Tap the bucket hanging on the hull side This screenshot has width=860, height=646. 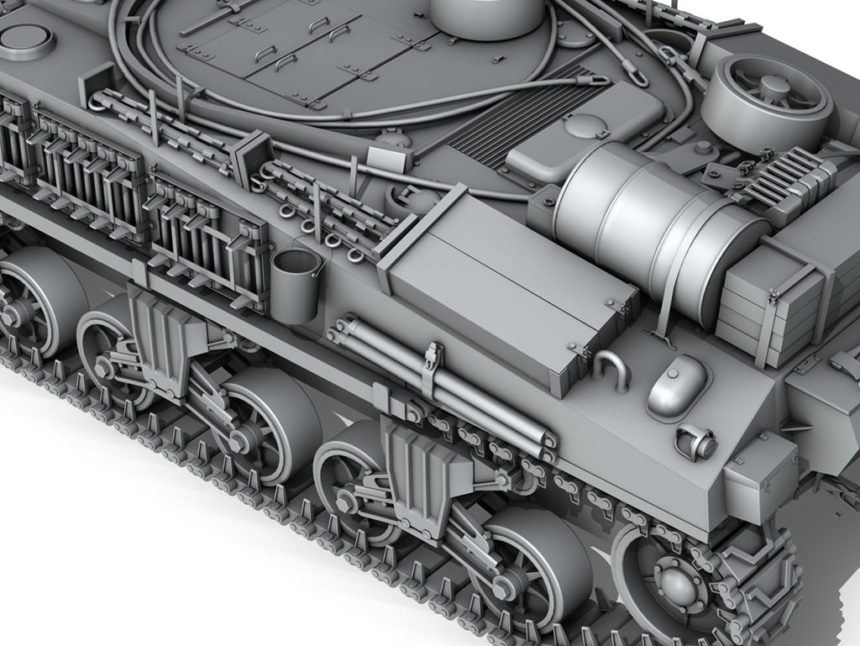(296, 284)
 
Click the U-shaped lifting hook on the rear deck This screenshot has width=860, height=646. (611, 370)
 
